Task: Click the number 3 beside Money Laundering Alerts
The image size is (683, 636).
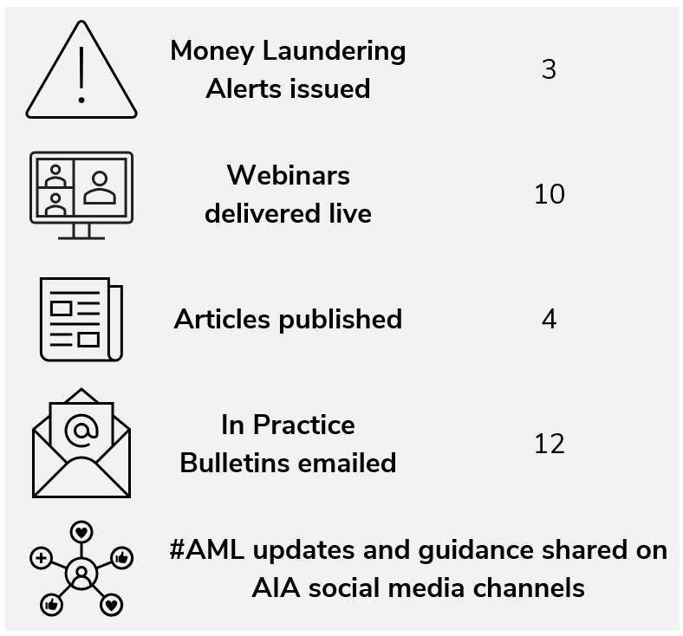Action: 548,69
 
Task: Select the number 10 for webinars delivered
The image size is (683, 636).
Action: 549,194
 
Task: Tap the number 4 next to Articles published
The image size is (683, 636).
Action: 549,319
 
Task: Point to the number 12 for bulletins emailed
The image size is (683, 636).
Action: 549,444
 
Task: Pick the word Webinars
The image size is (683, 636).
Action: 288,175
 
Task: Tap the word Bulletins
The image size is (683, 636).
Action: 231,463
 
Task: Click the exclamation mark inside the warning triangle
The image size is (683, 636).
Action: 81,75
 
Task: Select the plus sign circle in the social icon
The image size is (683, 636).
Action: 40,558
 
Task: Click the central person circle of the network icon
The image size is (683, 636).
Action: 81,574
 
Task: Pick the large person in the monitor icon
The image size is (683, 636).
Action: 101,186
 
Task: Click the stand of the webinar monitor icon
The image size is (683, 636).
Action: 81,230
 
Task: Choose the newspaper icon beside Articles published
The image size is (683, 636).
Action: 81,319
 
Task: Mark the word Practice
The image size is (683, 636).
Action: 304,425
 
